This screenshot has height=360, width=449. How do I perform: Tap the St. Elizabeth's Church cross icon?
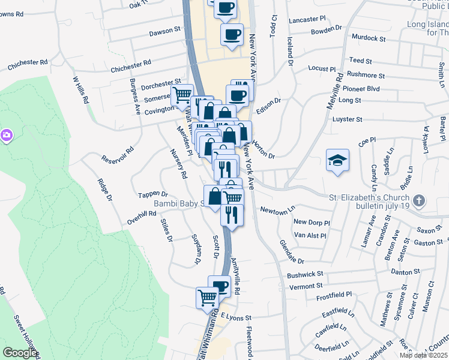click(418, 200)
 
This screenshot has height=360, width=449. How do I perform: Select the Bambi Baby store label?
click(178, 203)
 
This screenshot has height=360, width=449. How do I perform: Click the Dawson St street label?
click(165, 29)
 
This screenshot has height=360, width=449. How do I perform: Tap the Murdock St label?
click(369, 38)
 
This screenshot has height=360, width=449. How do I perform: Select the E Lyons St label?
click(235, 316)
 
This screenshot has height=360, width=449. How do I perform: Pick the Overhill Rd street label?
click(142, 217)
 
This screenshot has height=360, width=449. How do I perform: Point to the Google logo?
click(20, 353)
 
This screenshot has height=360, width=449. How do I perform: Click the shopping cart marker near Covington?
click(182, 95)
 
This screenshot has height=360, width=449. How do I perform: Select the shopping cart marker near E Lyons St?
click(207, 296)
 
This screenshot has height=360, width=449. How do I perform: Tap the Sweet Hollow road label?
click(24, 336)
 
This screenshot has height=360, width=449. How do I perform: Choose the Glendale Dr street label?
click(292, 253)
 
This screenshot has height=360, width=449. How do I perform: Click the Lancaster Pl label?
click(306, 20)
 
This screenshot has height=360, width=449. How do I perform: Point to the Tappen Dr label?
click(152, 194)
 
